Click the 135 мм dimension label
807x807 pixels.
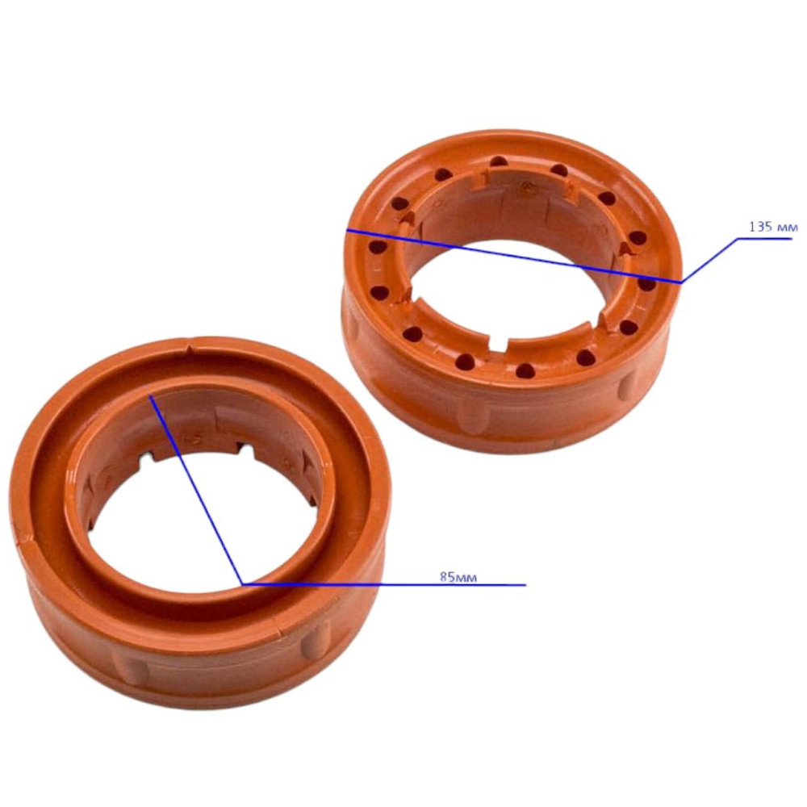(x=773, y=227)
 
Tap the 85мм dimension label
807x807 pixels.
(x=458, y=577)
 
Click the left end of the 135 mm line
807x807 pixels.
(x=347, y=230)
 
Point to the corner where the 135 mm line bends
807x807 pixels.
(x=681, y=282)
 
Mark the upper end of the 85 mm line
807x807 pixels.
(x=150, y=395)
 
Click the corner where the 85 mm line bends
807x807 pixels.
(x=242, y=584)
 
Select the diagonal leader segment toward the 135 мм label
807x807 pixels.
(x=709, y=261)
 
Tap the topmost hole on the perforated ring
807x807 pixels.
(x=498, y=161)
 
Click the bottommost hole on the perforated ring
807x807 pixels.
(x=525, y=370)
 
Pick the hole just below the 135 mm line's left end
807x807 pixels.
(x=377, y=247)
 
